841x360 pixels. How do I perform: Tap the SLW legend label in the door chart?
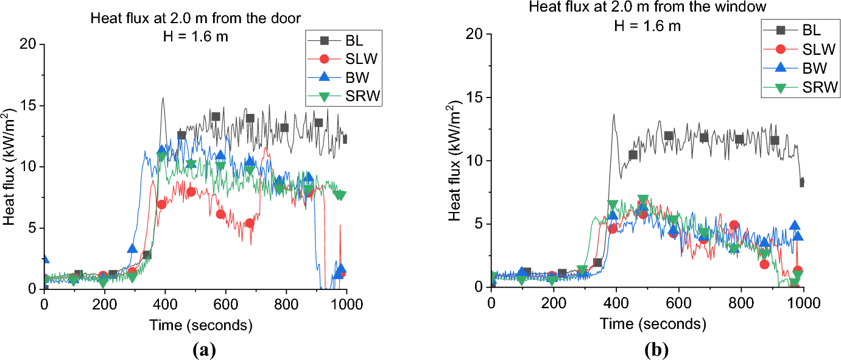pos(361,58)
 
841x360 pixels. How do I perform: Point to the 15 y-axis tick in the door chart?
pos(28,105)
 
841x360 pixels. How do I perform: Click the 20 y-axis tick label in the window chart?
pos(474,34)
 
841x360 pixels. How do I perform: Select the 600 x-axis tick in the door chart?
pos(226,304)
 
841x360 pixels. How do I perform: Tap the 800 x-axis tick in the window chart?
pos(741,303)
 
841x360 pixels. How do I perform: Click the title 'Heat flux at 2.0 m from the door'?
pos(195,18)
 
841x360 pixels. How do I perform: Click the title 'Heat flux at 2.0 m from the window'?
pos(647,6)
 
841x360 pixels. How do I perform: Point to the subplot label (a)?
pos(204,350)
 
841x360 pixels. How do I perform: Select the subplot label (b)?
pos(656,350)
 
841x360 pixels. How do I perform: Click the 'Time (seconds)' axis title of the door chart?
pos(201,325)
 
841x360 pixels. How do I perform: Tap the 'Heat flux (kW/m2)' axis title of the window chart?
pos(454,161)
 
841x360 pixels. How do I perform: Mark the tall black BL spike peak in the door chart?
pos(163,98)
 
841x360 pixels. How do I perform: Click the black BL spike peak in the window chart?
pos(614,115)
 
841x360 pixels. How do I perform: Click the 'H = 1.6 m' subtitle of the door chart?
pos(195,37)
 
